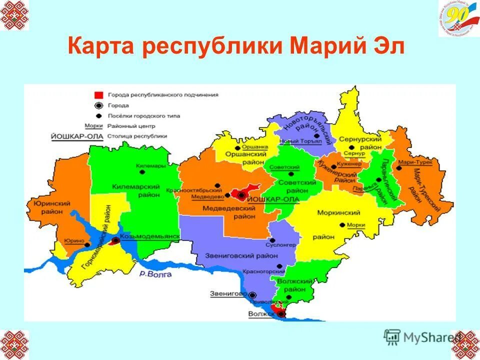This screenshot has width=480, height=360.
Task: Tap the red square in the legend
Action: [x=99, y=94]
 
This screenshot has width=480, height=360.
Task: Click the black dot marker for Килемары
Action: [x=142, y=171]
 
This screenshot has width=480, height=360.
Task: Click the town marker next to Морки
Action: [x=348, y=225]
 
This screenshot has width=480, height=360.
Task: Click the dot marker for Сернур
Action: [x=352, y=147]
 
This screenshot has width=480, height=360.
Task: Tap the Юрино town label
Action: [x=73, y=241]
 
